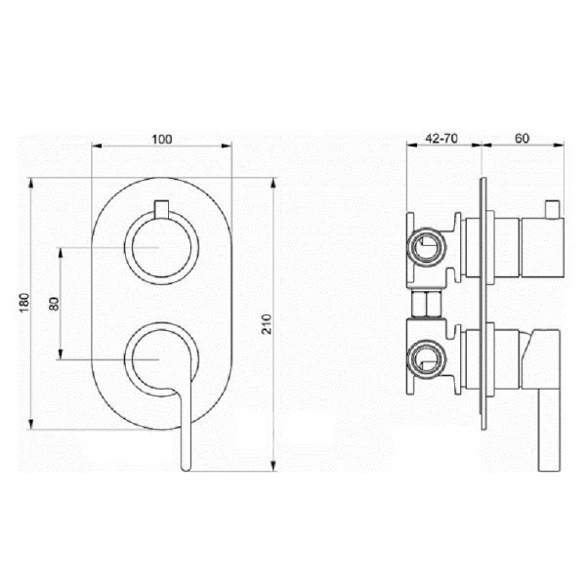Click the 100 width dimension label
point(162,139)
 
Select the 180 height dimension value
point(23,304)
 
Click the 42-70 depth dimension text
point(443,139)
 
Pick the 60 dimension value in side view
point(522,139)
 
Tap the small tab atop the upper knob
point(161,207)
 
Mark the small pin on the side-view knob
point(554,209)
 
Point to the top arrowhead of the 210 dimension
point(273,183)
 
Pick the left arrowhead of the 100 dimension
point(96,148)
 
